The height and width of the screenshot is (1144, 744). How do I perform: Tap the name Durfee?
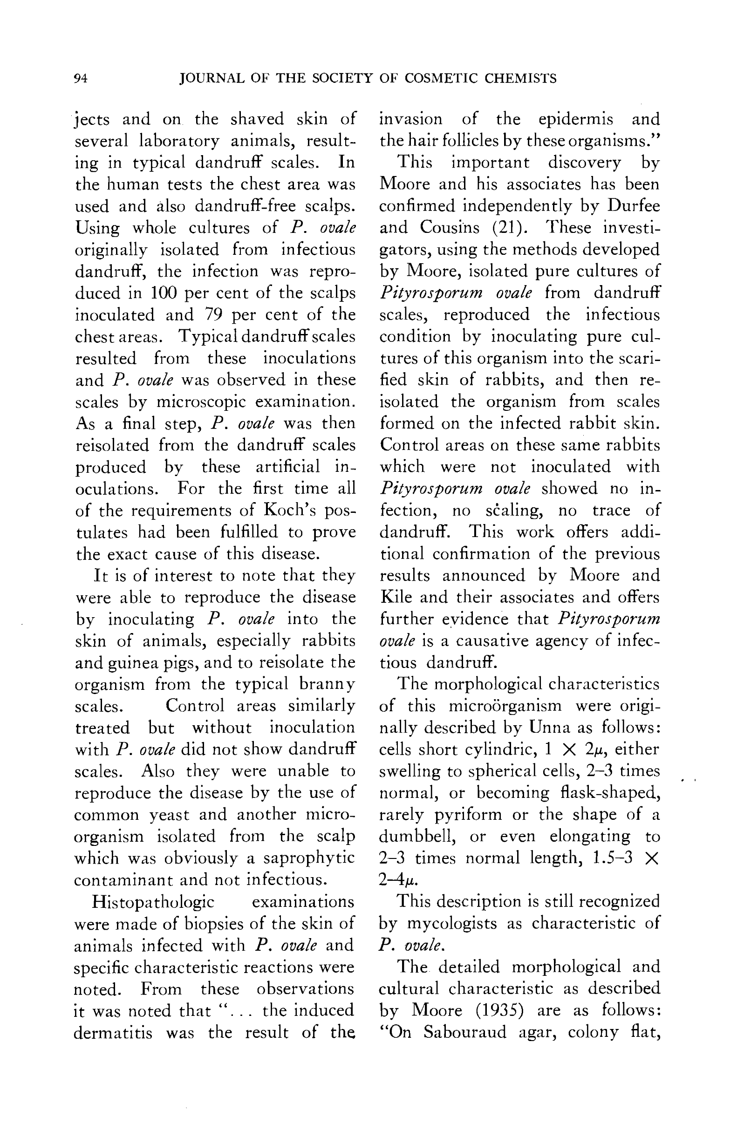pyautogui.click(x=634, y=206)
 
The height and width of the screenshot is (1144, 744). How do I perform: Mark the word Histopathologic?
pyautogui.click(x=153, y=902)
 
